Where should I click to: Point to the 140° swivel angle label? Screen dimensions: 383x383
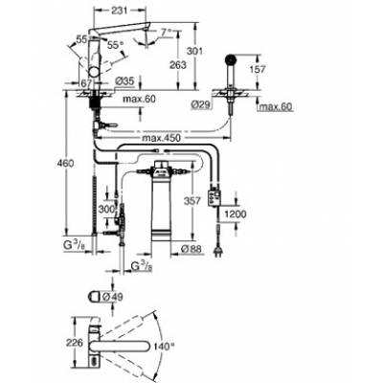(169, 344)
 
